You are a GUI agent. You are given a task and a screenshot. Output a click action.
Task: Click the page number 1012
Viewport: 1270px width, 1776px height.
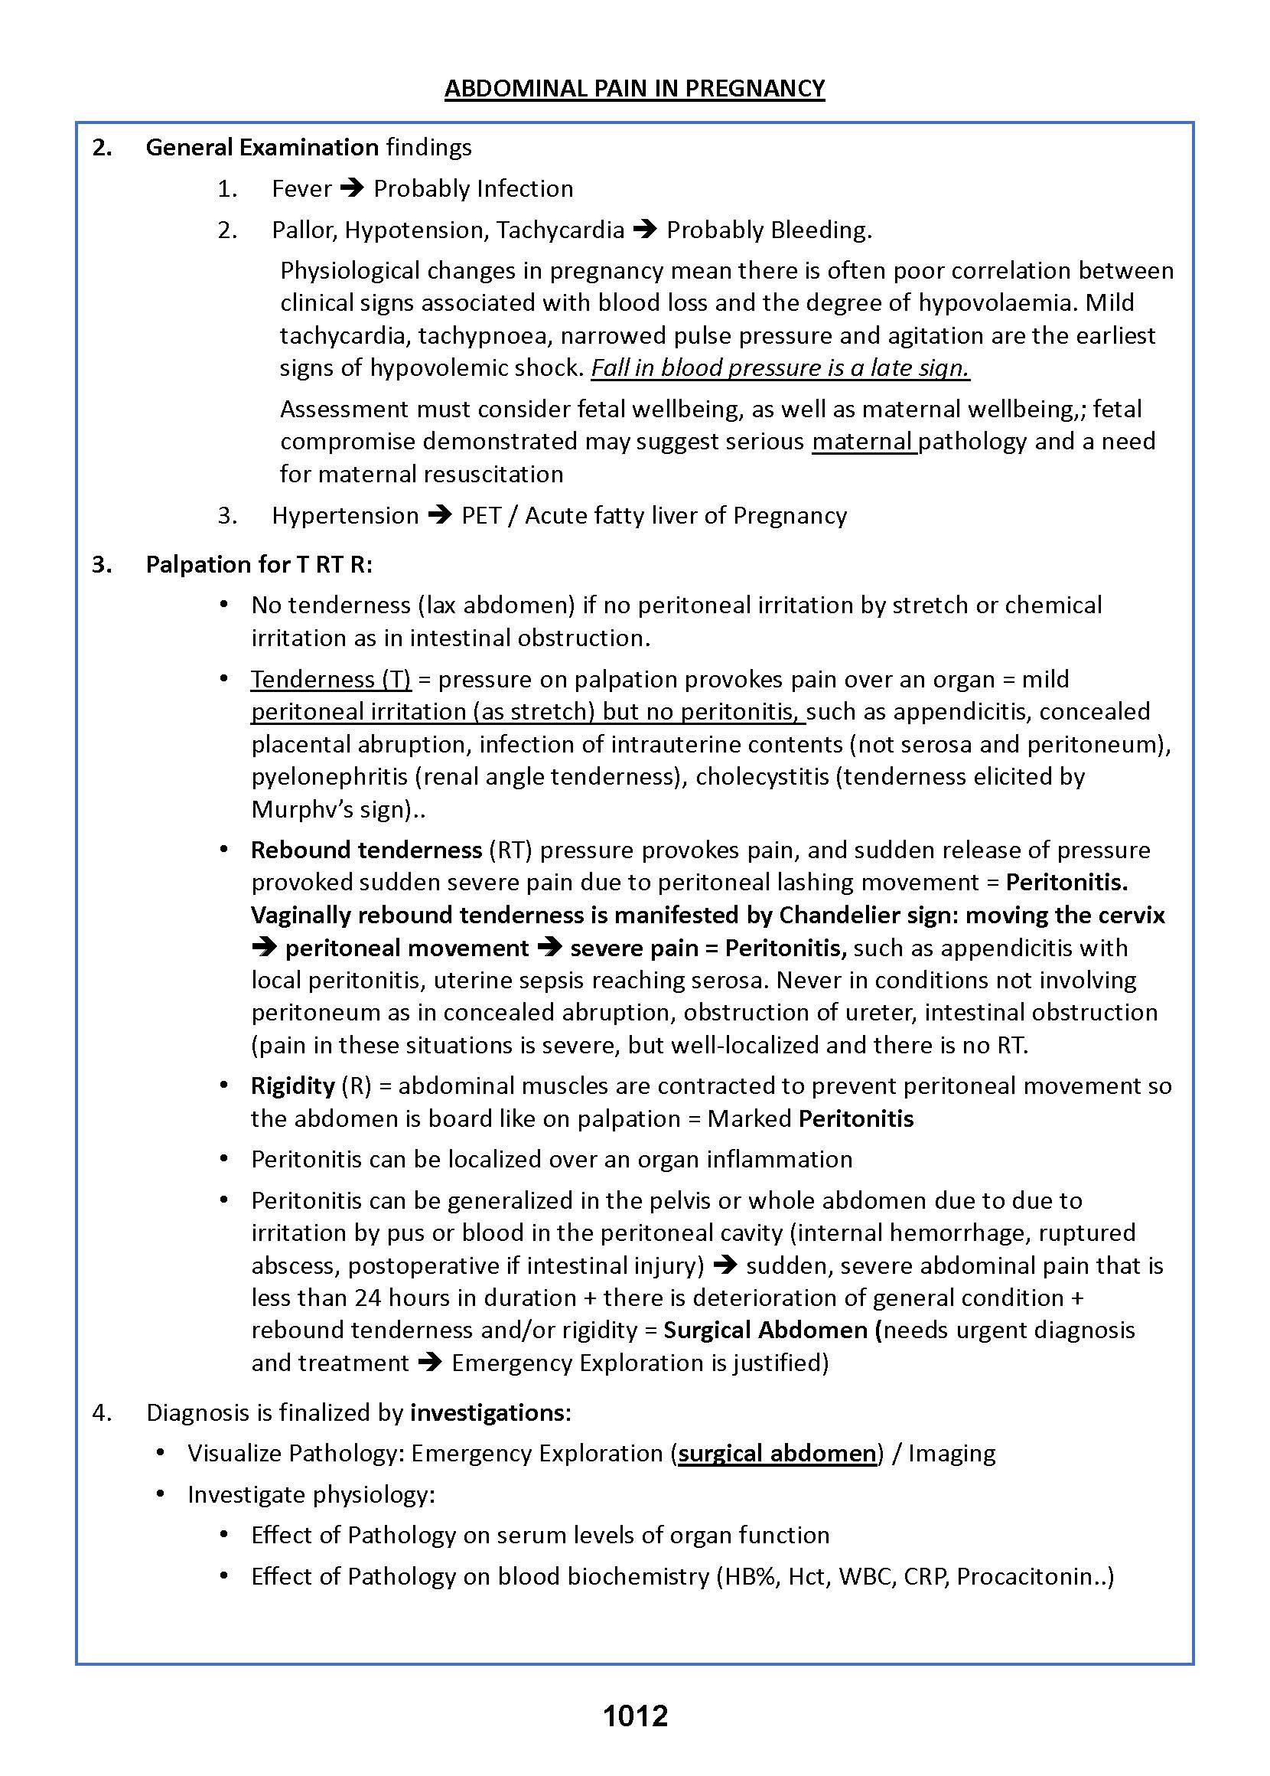point(635,1716)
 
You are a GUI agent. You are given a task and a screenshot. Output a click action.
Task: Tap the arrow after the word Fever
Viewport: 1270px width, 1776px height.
point(353,188)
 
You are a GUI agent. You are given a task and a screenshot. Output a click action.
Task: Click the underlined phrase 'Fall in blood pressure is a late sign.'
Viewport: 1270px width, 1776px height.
point(780,367)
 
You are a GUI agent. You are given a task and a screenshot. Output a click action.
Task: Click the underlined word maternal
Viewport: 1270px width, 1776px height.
point(862,441)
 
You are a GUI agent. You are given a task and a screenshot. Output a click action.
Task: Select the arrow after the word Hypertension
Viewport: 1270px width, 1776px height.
point(440,516)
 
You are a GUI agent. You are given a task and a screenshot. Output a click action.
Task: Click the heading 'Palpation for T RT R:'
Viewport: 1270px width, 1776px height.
point(259,564)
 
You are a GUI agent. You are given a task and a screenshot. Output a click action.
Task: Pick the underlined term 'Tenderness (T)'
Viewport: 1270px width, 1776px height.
point(331,679)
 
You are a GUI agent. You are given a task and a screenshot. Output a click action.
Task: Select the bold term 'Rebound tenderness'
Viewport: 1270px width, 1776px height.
point(366,850)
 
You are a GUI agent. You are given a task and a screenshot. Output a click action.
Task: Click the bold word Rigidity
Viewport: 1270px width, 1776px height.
point(292,1086)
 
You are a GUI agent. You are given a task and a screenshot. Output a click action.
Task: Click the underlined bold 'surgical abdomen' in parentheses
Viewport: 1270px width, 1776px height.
point(777,1453)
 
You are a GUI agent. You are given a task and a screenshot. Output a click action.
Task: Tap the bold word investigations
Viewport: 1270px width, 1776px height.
point(487,1412)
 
